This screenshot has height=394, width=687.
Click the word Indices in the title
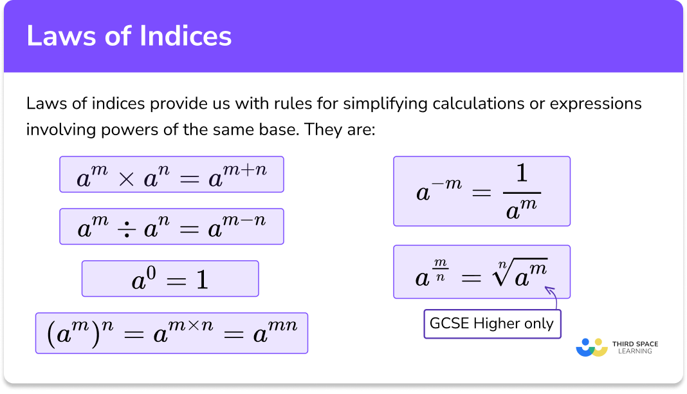(183, 36)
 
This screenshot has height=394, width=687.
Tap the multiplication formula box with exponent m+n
(171, 174)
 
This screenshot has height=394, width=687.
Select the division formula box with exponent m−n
(171, 226)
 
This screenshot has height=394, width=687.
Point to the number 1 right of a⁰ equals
(202, 280)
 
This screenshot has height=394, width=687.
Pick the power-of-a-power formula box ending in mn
(171, 333)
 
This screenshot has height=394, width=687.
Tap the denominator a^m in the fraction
(521, 208)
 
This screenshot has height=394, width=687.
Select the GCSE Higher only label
(491, 323)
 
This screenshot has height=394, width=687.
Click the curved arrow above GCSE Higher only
(551, 297)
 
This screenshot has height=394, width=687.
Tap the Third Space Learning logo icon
(592, 348)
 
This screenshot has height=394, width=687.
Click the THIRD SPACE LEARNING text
(636, 348)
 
